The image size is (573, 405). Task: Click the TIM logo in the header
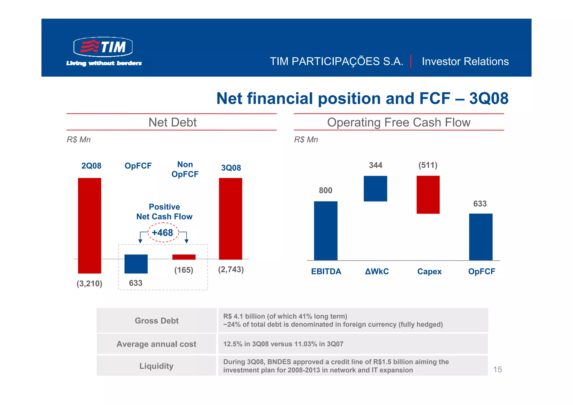tap(103, 47)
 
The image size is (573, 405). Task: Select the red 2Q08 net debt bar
tap(90, 225)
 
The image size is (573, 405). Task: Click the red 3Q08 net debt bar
tap(231, 219)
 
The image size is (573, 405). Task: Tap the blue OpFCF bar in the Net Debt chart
tap(136, 264)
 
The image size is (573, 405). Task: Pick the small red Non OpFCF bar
tap(184, 257)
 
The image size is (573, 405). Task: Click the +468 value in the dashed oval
tap(163, 233)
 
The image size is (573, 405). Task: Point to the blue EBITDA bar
tap(326, 231)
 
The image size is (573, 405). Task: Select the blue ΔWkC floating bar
tap(375, 188)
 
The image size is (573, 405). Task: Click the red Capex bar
tap(428, 195)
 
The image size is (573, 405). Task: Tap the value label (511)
tap(428, 165)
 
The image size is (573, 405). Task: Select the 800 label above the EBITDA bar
tap(326, 190)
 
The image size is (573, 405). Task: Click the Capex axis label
tap(429, 271)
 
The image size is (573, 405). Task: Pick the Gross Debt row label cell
tap(157, 320)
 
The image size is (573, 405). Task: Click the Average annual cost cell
tap(157, 344)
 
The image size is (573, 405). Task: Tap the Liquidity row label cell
tap(157, 366)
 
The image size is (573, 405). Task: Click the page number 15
tap(497, 369)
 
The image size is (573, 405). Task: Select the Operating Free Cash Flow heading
tap(399, 122)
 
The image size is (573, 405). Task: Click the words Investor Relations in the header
tap(465, 61)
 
